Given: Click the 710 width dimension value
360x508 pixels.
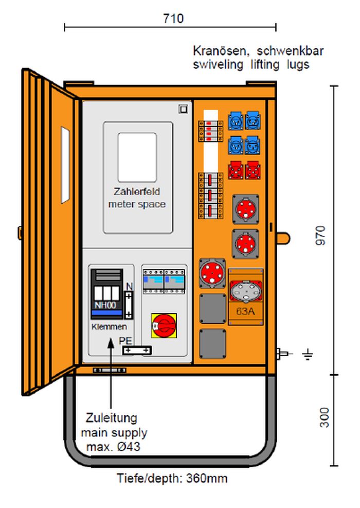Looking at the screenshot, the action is [x=173, y=19].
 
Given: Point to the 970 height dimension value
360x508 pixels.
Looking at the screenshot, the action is [x=320, y=236].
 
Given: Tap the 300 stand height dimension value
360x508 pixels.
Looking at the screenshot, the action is [x=324, y=417].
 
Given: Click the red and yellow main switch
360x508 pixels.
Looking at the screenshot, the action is [x=164, y=325].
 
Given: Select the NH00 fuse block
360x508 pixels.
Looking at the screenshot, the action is [x=107, y=294].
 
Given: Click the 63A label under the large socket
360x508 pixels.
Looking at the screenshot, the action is [x=245, y=311].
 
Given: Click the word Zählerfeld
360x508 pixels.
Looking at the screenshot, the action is [x=137, y=191].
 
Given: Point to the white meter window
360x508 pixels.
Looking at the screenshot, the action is [x=137, y=157].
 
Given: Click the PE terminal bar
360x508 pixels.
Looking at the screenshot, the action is [x=137, y=350].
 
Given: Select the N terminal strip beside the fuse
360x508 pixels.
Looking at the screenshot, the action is [x=129, y=305].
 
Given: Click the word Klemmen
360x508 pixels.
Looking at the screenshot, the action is [x=109, y=326].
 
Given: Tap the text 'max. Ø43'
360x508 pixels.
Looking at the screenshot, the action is [x=113, y=447].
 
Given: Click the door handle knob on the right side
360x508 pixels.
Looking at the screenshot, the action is [x=283, y=238].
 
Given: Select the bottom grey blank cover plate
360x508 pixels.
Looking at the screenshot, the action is [x=213, y=344].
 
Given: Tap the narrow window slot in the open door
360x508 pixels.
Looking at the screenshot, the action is [x=65, y=165].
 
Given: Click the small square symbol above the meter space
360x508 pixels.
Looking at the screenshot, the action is [x=183, y=109].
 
